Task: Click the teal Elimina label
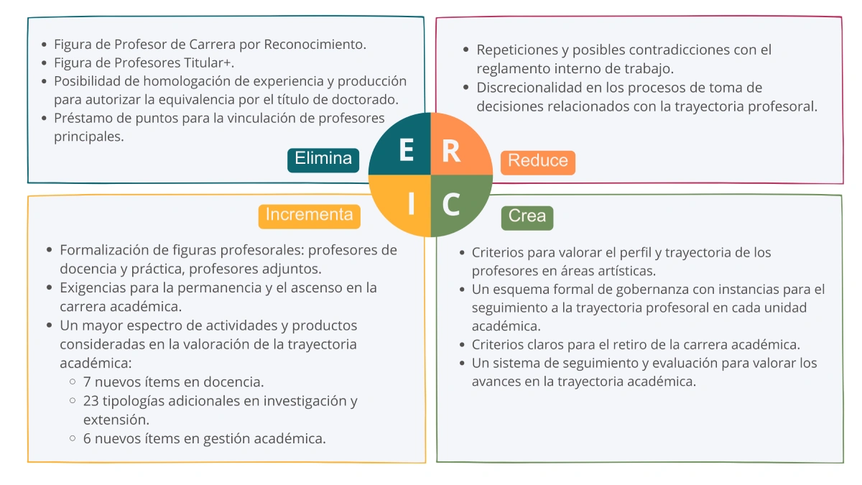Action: (323, 159)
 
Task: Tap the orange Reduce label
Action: (538, 162)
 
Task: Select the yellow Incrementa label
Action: (309, 215)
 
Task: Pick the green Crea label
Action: (527, 216)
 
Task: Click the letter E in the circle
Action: (406, 151)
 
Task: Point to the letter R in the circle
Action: (451, 152)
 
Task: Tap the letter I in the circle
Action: (411, 205)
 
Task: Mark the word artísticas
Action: (621, 271)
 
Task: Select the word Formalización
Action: (104, 251)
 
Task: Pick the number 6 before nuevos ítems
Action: (87, 438)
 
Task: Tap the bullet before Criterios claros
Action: (463, 346)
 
